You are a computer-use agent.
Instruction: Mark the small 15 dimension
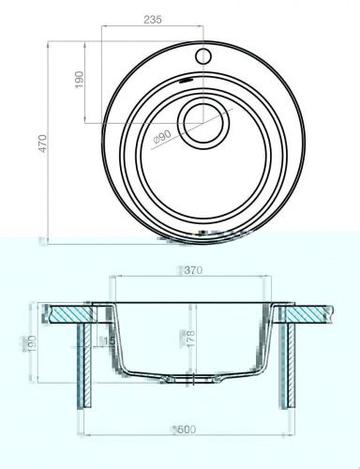(111, 340)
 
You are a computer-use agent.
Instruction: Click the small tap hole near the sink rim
(201, 54)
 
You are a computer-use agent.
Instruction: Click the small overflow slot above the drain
(185, 85)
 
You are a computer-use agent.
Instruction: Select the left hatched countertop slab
(66, 312)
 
